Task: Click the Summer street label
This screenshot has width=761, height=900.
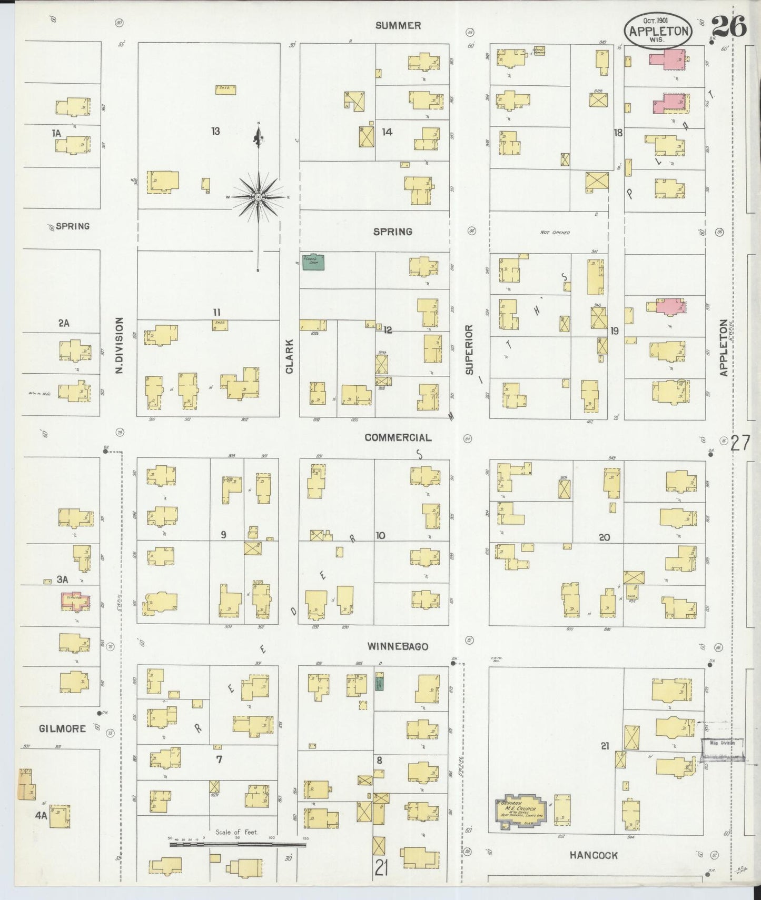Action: point(398,25)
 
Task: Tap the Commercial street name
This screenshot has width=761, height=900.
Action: point(398,437)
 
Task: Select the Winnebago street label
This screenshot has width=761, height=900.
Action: point(398,646)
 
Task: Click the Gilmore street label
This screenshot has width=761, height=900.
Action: point(62,728)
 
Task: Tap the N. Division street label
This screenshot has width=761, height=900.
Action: point(120,345)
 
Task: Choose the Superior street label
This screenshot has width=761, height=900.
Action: point(469,349)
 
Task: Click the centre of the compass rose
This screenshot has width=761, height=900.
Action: point(259,197)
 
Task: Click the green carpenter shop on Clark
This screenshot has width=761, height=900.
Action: point(313,262)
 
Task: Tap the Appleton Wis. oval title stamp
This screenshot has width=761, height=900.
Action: point(658,31)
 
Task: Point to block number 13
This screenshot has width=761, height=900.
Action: point(215,131)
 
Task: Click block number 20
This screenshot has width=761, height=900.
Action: point(604,537)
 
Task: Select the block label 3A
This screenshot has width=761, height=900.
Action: point(63,579)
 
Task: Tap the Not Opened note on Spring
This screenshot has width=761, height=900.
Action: point(555,232)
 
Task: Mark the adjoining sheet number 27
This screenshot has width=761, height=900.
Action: point(739,444)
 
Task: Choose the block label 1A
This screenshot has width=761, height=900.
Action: point(56,134)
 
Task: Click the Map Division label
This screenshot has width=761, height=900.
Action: point(722,743)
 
